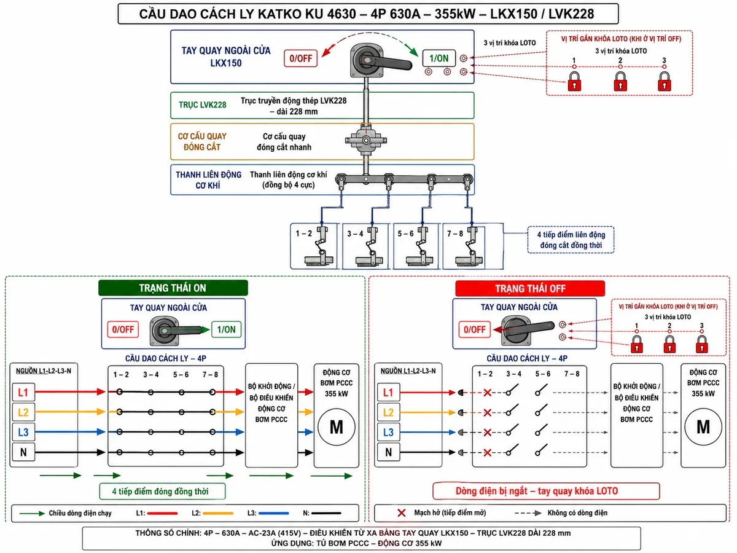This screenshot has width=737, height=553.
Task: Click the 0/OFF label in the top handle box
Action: point(300,58)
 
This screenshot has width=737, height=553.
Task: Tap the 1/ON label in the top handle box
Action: point(439,58)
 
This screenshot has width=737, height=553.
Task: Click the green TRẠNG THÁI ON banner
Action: point(173,288)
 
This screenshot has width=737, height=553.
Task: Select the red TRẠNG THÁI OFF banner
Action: point(530,288)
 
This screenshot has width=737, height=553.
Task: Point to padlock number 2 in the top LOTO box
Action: point(620,82)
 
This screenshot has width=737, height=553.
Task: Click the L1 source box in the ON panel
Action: point(23,392)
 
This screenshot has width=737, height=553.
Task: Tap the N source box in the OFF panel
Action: point(388,452)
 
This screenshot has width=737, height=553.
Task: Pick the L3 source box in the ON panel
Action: point(23,432)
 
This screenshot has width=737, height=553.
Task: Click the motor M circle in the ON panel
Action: point(337,427)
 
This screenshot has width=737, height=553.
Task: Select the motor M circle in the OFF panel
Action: point(703,427)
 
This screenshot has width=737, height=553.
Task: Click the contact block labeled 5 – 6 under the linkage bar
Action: point(416,246)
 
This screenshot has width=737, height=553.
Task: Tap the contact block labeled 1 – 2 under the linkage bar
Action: point(314,246)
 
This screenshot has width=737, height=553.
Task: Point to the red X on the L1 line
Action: point(488,393)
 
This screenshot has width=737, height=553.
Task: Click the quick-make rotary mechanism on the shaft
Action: point(366,140)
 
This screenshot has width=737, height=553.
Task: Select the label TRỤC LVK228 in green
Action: point(203,104)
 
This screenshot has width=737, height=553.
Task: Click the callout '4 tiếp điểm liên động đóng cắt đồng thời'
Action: point(571,240)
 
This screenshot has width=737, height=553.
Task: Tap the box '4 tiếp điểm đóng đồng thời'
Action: point(163,491)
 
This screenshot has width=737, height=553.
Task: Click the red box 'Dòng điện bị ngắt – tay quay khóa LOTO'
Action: point(546,491)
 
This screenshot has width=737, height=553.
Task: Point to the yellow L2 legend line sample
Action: point(218,513)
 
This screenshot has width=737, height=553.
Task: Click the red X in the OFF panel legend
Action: point(401,512)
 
